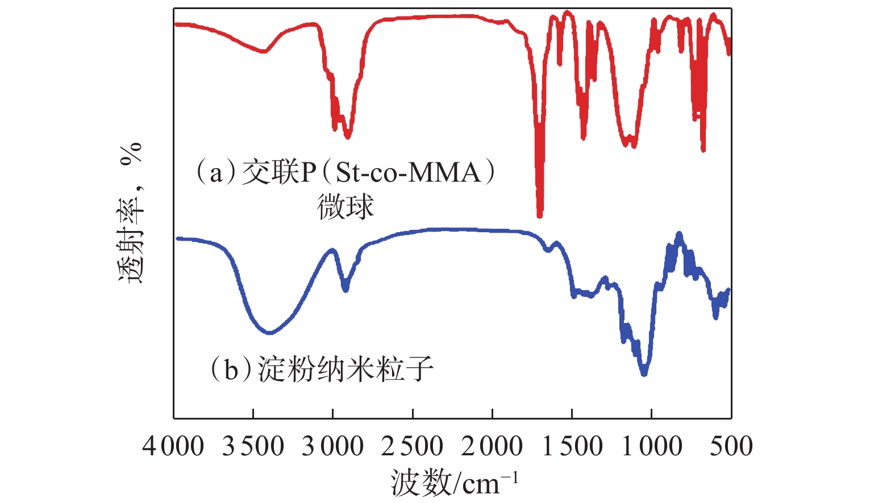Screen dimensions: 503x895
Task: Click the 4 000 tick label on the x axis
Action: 173,446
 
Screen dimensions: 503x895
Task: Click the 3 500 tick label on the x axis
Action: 253,446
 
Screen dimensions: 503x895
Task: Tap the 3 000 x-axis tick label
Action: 332,446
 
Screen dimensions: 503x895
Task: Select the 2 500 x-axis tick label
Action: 412,446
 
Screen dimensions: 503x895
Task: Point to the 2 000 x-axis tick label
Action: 492,446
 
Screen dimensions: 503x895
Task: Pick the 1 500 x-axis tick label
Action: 572,446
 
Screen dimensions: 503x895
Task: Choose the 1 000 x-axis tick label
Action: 652,446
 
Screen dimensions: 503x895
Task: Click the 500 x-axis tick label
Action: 731,446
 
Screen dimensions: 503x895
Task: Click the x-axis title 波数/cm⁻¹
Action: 454,483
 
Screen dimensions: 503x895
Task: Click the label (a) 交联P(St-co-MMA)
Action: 345,173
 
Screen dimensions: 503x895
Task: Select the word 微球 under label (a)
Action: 345,207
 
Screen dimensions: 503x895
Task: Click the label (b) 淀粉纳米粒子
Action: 322,370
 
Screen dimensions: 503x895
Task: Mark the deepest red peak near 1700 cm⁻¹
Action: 539,215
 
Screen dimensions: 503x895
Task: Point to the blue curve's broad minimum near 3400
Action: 269,332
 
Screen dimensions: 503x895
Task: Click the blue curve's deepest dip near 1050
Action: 644,373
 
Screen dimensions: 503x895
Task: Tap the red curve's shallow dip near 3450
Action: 263,52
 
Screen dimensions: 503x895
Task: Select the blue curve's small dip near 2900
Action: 345,289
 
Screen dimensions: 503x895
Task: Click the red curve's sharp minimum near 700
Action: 703,150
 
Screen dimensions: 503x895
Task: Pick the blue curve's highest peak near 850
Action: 678,234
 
